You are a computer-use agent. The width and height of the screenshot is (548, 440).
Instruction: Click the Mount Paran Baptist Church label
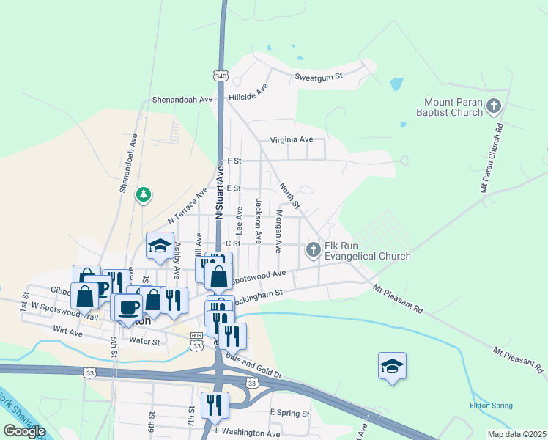point(449,107)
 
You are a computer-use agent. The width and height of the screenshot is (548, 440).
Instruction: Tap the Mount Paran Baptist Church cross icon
point(493,107)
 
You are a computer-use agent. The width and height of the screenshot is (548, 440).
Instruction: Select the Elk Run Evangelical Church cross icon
point(313,251)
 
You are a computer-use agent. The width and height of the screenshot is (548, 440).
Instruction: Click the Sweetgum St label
point(319,76)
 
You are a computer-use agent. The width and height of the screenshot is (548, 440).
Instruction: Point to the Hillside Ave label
point(248,95)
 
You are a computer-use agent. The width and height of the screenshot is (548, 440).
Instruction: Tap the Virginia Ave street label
point(291,139)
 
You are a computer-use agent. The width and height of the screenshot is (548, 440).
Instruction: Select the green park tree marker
point(144,195)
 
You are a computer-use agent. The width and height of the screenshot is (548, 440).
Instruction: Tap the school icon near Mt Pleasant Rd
point(392,365)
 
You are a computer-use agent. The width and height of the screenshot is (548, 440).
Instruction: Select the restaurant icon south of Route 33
point(215,404)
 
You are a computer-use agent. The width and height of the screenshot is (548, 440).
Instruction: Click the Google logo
point(24,431)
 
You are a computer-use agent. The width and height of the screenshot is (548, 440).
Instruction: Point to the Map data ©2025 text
point(516,434)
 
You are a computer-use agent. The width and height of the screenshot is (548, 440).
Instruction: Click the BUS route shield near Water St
point(196,335)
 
